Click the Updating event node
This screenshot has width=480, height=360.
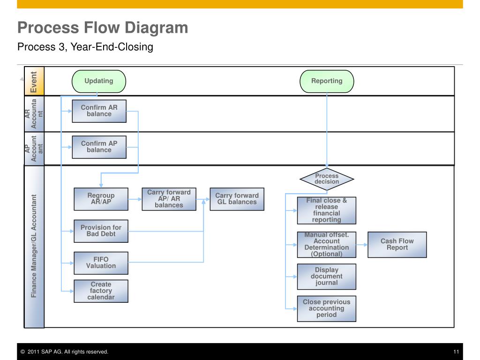coord(99,81)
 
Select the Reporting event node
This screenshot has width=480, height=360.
coord(327,81)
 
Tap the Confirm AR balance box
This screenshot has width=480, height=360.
coord(99,111)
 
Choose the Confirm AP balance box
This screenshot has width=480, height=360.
coord(99,147)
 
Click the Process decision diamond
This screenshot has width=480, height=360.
coord(327,179)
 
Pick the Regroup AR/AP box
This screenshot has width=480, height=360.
coord(101,199)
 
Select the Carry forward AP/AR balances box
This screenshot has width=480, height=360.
coord(169,199)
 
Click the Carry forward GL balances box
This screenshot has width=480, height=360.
coord(237,199)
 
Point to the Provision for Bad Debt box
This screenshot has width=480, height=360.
coord(101,231)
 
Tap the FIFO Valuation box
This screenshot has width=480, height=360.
coord(101,263)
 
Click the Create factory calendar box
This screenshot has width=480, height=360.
coord(101,291)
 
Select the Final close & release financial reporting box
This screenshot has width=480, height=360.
coord(327,210)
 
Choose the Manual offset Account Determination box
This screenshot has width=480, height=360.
coord(327,245)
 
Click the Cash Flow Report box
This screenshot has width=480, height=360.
coord(397,245)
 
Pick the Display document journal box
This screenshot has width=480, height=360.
coord(327,277)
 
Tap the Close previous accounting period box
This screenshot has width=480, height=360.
coord(327,308)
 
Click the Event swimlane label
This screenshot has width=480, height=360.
coord(34,82)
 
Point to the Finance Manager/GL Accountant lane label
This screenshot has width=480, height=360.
coord(34,246)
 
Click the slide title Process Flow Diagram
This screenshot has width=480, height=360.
coord(103,28)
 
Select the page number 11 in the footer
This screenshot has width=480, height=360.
coord(456,352)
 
